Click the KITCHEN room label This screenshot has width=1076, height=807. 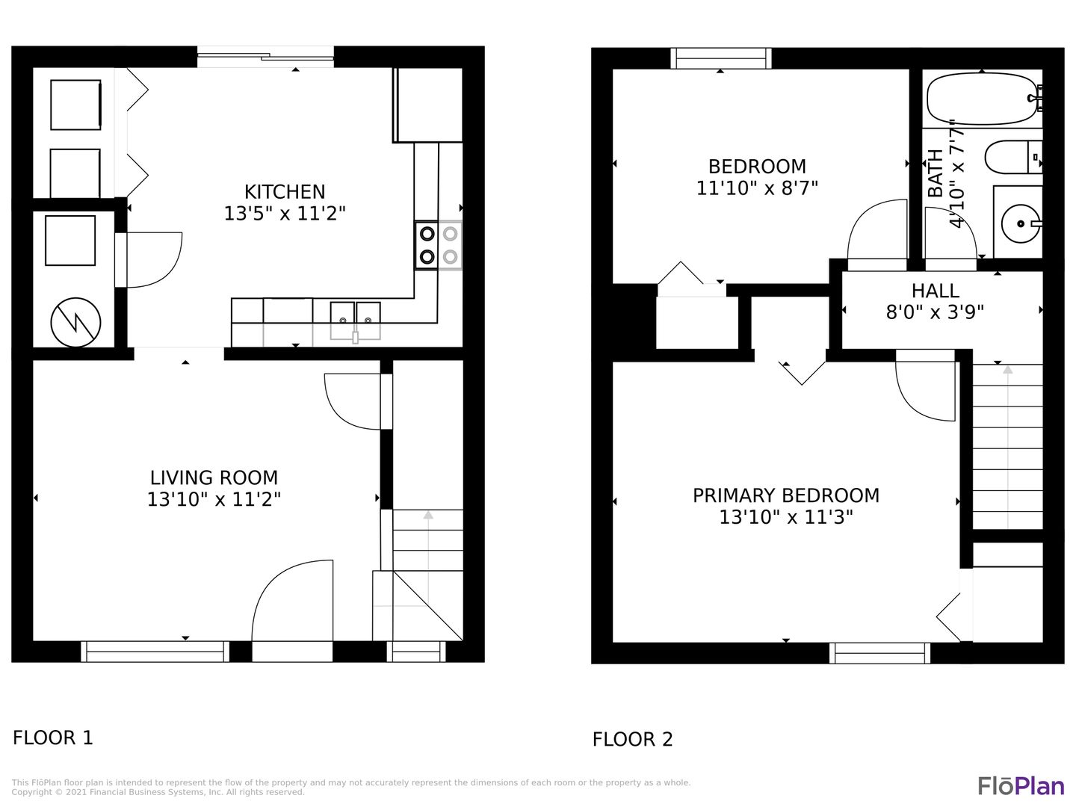(285, 191)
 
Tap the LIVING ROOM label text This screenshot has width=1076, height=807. (214, 477)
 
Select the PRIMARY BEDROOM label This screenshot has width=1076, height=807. (786, 495)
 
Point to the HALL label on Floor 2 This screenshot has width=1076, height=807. (935, 291)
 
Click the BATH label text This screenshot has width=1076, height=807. (936, 173)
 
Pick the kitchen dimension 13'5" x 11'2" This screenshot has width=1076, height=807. (285, 214)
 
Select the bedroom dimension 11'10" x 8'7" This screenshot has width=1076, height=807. (757, 188)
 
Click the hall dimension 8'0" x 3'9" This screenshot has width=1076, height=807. (935, 312)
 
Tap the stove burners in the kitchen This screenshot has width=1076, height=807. (438, 245)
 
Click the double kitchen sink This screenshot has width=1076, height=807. (356, 321)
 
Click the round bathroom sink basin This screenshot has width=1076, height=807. (1020, 224)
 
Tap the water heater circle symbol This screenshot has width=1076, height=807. (75, 322)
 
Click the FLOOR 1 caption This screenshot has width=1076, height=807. (53, 738)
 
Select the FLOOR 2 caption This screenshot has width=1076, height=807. (632, 739)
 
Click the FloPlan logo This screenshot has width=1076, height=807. (1021, 785)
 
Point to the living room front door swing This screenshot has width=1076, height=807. (292, 601)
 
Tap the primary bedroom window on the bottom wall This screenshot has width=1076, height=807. (879, 653)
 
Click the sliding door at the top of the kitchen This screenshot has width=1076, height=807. (266, 57)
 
